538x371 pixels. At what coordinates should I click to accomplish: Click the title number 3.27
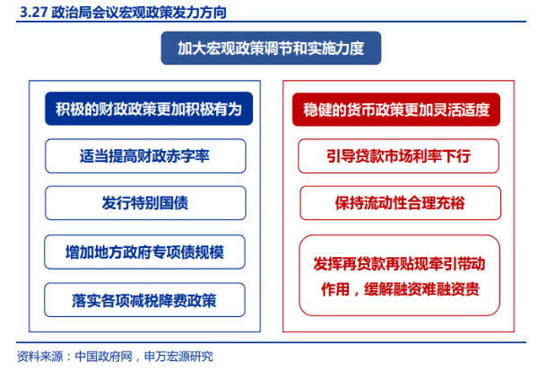pos(33,13)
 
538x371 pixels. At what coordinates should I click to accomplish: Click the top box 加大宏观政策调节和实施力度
pos(271,49)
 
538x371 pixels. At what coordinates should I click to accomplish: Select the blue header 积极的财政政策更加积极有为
pos(149,109)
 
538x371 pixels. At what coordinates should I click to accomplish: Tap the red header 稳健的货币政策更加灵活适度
pos(396,110)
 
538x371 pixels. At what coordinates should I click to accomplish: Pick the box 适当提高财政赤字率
pos(145,155)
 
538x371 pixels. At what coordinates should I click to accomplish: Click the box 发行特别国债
pos(145,203)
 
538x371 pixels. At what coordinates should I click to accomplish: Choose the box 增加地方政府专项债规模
pos(144,252)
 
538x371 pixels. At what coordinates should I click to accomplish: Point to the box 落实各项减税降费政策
pos(144,300)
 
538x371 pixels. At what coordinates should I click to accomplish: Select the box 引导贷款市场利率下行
pos(398,155)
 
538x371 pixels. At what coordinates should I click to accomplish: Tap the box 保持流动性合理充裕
pos(401,203)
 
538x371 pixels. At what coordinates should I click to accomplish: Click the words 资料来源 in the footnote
pos(39,357)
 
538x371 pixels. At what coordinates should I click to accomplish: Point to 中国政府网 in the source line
pos(103,357)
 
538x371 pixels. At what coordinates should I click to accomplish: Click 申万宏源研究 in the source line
pos(178,357)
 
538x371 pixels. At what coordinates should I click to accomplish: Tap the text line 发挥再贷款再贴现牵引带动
pos(399,264)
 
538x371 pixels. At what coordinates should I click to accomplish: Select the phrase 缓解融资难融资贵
pos(421,289)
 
